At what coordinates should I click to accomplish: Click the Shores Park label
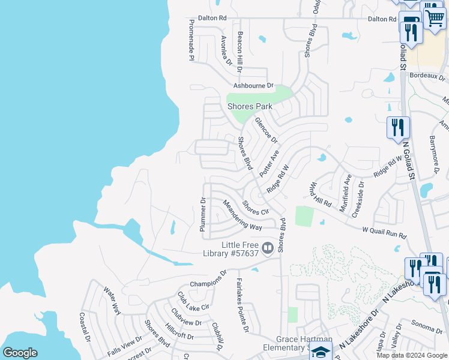[250, 107]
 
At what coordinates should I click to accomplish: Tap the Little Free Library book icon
[268, 247]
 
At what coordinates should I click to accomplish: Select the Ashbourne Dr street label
[250, 86]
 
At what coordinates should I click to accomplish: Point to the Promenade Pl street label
[191, 40]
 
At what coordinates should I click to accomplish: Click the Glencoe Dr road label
[267, 130]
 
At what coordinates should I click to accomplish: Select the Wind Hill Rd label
[321, 194]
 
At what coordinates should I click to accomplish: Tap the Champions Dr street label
[208, 279]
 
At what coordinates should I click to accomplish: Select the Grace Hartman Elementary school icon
[321, 352]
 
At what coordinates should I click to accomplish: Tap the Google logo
[20, 353]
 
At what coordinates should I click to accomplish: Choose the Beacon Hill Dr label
[240, 52]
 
